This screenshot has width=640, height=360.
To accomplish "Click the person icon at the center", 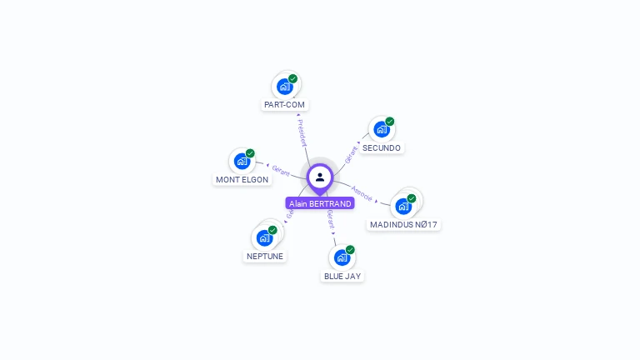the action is click(x=320, y=177).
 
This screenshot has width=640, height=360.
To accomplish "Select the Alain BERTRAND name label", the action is click(x=320, y=203).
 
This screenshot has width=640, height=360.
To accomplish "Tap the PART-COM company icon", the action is click(x=285, y=87).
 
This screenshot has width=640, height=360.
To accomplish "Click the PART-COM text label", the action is click(x=284, y=105).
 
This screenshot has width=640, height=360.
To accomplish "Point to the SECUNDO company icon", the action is click(x=381, y=130).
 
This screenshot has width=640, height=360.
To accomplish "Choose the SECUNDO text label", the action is click(x=382, y=148).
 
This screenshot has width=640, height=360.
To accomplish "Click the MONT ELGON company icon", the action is click(x=242, y=161).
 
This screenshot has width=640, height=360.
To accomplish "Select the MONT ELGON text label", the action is click(x=242, y=180).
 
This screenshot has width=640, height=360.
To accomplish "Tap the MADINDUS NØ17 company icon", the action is click(x=403, y=206).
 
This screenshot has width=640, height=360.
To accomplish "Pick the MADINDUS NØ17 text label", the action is click(x=403, y=225).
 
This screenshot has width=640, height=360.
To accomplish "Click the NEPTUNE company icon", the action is click(x=265, y=237).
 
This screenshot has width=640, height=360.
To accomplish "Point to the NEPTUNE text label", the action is click(x=265, y=257).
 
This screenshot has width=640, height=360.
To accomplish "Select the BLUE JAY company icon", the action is click(x=342, y=257).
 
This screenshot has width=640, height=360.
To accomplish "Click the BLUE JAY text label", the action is click(x=342, y=276).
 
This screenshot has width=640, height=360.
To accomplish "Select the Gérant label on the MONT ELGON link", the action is click(x=281, y=170).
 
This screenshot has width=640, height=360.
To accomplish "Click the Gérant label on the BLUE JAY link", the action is click(x=331, y=219).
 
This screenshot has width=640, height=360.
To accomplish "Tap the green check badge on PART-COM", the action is click(x=293, y=79).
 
